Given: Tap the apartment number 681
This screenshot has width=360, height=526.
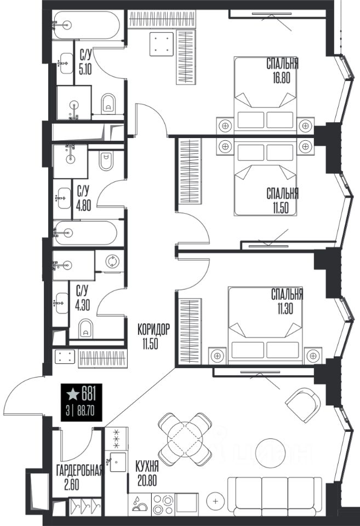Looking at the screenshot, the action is [88, 394].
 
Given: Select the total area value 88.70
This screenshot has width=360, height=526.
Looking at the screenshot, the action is [85, 411].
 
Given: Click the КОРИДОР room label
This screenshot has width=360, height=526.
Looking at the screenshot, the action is [153, 329].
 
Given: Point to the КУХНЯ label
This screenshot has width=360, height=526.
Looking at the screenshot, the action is [147, 466].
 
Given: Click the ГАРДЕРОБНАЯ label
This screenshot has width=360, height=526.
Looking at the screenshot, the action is [79, 471].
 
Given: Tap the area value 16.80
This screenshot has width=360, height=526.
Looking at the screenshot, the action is [282, 78].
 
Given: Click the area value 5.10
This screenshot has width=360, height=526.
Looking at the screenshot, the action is [85, 69].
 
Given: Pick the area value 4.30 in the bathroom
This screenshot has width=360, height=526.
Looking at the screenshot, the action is [83, 305].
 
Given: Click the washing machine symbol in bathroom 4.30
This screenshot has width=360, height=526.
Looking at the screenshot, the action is [112, 261].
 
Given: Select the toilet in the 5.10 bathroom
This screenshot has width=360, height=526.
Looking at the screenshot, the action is [108, 102].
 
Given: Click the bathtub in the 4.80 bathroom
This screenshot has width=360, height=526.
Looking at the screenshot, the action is [85, 232].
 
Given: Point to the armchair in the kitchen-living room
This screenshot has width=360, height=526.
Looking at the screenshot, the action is [302, 405].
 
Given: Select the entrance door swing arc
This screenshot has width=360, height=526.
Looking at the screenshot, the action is [17, 389].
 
